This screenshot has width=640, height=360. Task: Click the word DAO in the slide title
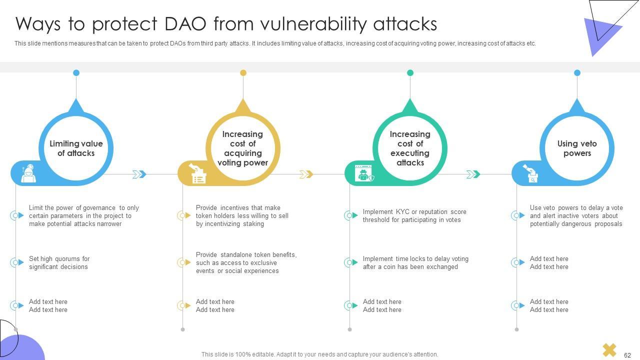[185, 24]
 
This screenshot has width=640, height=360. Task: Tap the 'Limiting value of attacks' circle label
[76, 148]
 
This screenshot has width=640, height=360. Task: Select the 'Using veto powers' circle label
[577, 148]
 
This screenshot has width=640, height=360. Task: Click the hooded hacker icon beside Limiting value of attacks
[28, 173]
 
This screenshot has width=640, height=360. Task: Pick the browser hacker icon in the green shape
[364, 173]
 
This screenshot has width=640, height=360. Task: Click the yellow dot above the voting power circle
[243, 73]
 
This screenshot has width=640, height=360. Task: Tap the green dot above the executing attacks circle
[410, 73]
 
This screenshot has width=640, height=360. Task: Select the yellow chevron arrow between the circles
[306, 174]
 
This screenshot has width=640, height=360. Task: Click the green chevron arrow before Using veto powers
[473, 174]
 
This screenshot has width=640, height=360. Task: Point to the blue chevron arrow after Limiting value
[139, 174]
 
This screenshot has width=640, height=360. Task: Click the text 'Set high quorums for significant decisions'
[59, 262]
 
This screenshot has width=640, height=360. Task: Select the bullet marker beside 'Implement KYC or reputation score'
[351, 215]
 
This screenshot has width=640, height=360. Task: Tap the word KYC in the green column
[403, 211]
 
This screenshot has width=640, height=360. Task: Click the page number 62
[627, 355]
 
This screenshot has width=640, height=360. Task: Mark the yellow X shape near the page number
[609, 350]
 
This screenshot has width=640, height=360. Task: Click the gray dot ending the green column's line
[349, 329]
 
